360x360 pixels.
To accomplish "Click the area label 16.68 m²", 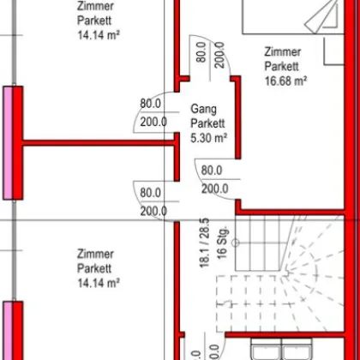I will tap(285, 82).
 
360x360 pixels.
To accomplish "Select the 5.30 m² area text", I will tap(208, 136).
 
